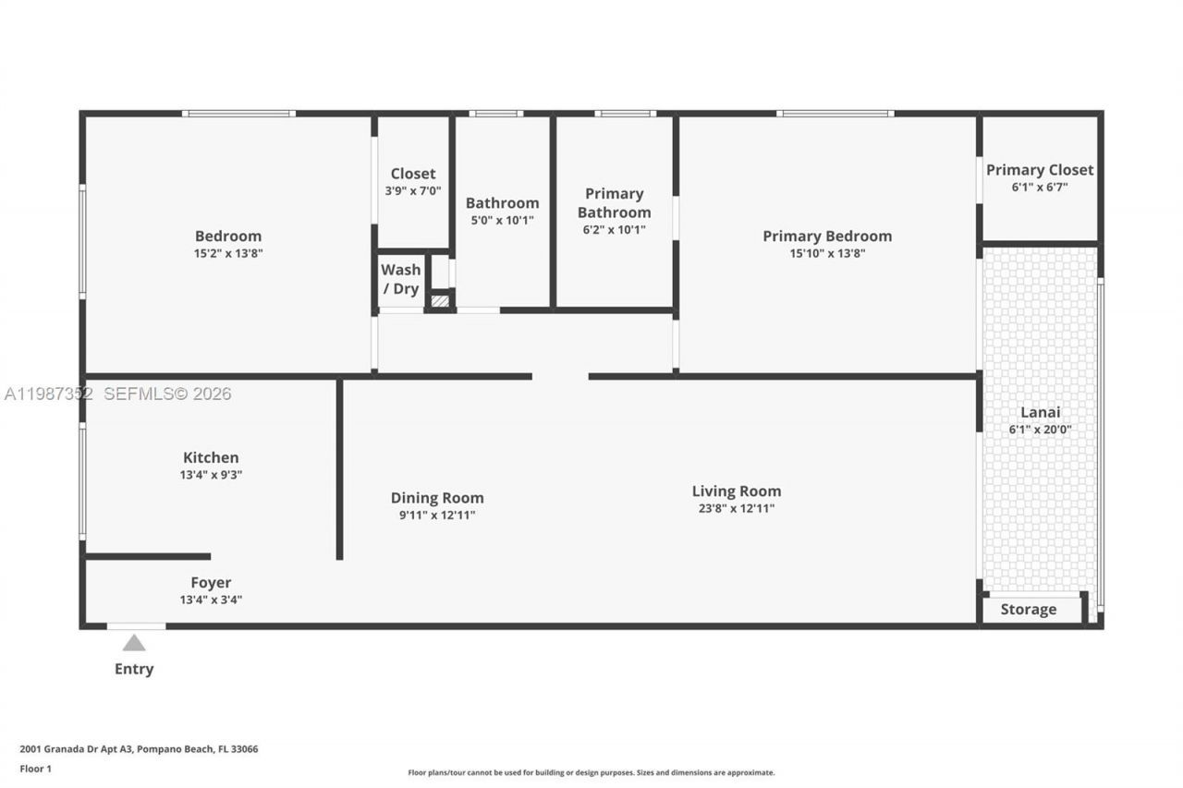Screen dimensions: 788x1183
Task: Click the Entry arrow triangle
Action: [x=134, y=643]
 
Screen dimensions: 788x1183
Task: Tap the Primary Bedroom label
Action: [x=826, y=236]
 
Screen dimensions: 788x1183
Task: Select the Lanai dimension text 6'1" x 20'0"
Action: [x=1040, y=430]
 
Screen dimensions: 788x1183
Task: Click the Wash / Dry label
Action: [x=400, y=279]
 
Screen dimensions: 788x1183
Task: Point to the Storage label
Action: [x=1028, y=610]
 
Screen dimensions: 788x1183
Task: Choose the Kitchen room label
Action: [x=211, y=457]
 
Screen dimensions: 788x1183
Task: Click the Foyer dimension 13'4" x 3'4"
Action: [x=211, y=600]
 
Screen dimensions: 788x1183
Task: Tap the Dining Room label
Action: [x=436, y=498]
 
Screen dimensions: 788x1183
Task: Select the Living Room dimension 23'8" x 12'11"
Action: [x=736, y=508]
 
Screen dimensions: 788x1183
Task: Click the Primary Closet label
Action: [x=1039, y=170]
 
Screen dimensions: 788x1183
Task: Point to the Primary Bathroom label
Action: [x=614, y=202]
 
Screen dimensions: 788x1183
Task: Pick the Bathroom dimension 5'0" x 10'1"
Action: [x=502, y=220]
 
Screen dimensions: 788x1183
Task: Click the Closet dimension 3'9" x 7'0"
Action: [x=412, y=190]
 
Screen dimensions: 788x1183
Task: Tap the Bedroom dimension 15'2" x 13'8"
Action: [x=228, y=253]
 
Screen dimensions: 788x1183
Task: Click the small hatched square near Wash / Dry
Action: [x=440, y=300]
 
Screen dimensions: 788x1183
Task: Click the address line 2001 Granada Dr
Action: [x=139, y=749]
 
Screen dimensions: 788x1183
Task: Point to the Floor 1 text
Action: [x=37, y=769]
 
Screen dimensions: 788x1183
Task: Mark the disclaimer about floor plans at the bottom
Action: [x=591, y=772]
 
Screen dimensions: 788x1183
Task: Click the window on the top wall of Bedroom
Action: [x=238, y=114]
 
